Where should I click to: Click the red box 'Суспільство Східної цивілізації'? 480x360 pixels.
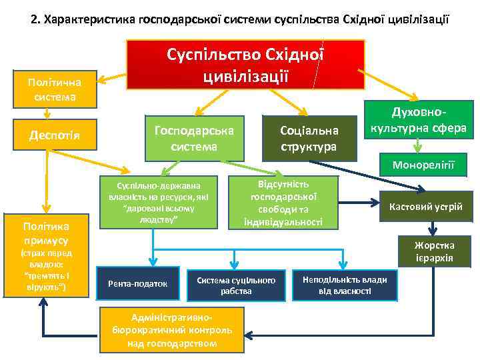(x=245, y=64)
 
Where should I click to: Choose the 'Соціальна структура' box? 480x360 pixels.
(x=309, y=137)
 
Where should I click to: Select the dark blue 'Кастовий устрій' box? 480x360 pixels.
(x=430, y=206)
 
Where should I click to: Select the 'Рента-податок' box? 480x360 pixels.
(x=137, y=283)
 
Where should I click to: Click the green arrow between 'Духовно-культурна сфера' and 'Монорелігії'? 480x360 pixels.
(x=417, y=146)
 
